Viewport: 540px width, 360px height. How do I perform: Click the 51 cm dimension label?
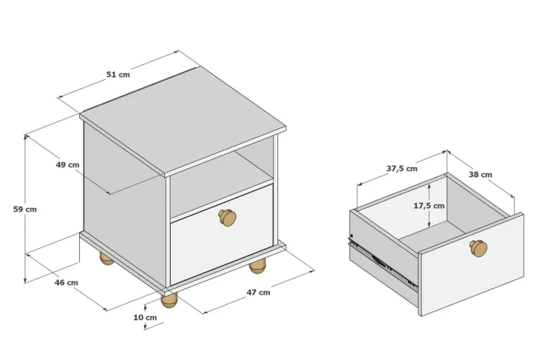(118, 74)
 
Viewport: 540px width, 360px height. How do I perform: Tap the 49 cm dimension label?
(68, 165)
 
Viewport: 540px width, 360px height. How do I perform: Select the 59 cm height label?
(24, 209)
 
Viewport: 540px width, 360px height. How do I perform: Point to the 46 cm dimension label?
(66, 282)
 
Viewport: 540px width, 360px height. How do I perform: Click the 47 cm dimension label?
(258, 292)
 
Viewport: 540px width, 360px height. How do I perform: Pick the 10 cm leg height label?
(145, 318)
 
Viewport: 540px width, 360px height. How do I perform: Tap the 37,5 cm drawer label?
(402, 168)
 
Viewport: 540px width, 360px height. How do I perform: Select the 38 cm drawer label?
(480, 175)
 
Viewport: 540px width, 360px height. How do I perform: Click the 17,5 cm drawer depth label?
(429, 206)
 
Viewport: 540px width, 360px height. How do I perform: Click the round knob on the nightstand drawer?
(228, 217)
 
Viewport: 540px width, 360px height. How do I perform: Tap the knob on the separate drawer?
(478, 248)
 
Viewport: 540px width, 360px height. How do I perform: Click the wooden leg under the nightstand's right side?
(258, 266)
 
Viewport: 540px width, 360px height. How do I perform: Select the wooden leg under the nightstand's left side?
(107, 258)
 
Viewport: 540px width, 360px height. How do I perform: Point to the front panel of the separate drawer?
(472, 264)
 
